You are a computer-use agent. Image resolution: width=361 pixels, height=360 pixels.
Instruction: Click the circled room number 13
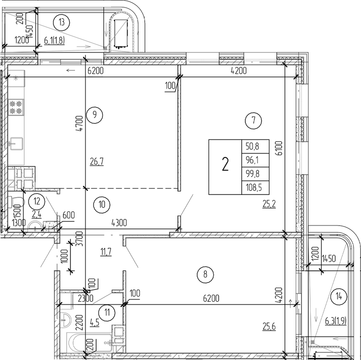coord(61,22)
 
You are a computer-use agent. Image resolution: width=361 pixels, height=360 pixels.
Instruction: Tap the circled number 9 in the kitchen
coord(94,115)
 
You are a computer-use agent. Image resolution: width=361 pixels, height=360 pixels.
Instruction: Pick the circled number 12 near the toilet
coord(36,202)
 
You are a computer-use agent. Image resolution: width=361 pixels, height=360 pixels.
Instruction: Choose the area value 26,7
coord(96,162)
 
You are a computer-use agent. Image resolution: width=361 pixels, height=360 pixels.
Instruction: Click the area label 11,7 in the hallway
coord(106,251)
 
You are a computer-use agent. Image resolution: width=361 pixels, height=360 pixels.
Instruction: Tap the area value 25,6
coord(269,326)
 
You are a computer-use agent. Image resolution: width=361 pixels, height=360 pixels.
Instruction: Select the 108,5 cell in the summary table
coord(255,187)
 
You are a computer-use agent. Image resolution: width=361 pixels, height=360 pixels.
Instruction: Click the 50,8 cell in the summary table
coord(255,146)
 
